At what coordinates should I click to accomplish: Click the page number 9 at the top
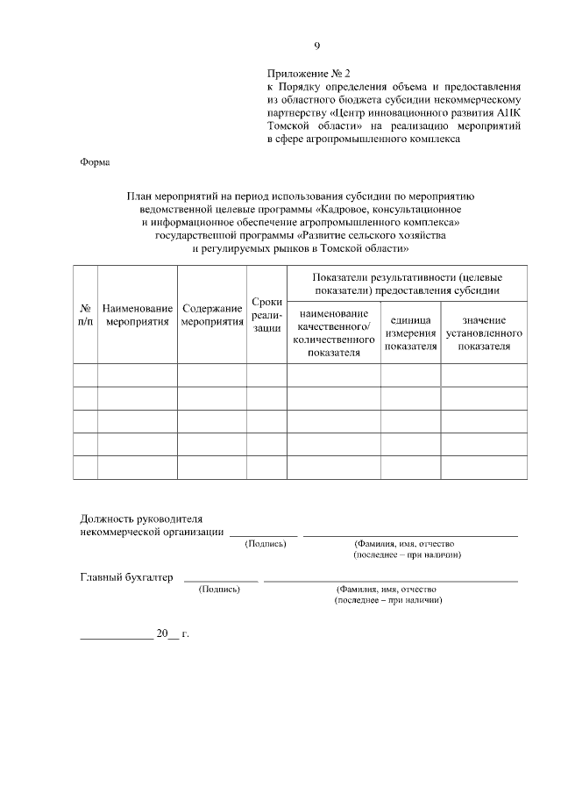tap(317, 46)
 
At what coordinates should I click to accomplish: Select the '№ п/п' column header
tap(85, 316)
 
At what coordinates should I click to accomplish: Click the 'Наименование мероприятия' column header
tap(137, 316)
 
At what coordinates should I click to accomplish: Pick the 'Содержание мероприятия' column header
tap(211, 316)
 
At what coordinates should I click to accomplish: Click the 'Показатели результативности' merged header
tap(407, 283)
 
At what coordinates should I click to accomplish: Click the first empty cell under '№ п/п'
tap(85, 376)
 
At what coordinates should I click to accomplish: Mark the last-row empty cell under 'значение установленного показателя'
tap(484, 468)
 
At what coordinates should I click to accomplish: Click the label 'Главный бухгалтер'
tap(126, 577)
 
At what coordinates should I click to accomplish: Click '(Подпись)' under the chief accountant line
tap(220, 590)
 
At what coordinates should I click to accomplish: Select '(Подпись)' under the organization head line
tap(265, 544)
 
